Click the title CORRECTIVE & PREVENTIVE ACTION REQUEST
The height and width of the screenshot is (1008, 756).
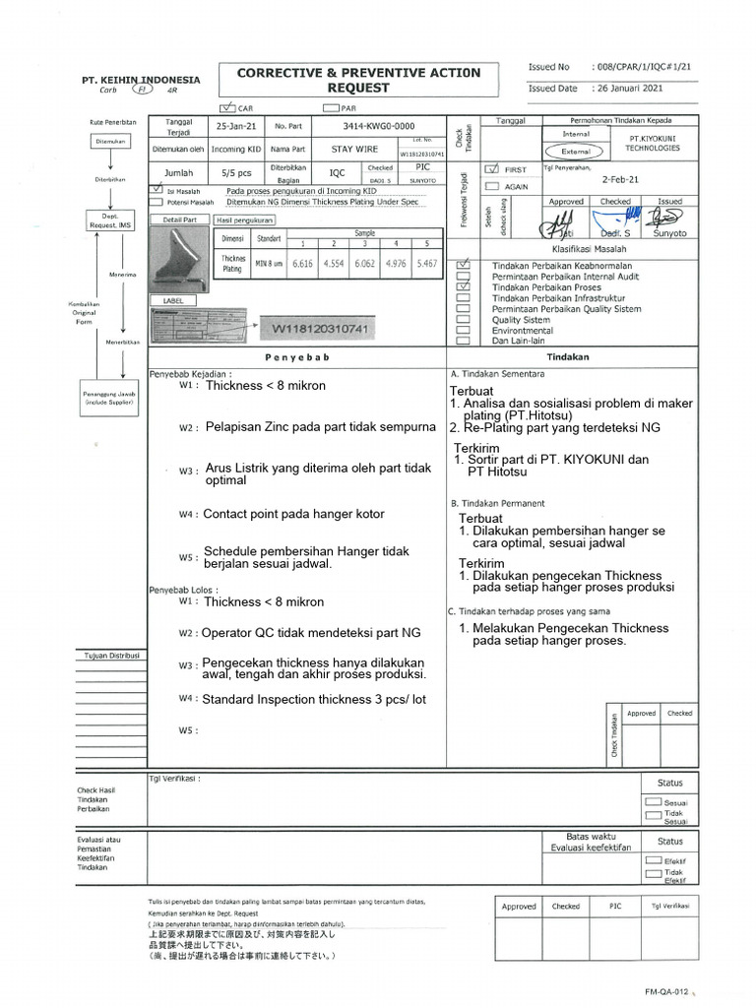359,80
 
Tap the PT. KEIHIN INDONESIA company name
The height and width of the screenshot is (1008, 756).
141,80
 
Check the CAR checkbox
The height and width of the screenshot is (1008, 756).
228,108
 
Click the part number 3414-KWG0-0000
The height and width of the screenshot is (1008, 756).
379,127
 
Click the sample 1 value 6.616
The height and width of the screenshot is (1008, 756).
303,264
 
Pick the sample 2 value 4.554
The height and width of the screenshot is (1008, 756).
335,264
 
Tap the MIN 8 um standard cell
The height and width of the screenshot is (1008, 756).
268,264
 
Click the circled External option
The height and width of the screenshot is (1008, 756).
576,153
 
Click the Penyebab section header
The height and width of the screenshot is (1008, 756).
296,357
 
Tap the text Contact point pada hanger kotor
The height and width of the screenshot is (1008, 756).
293,514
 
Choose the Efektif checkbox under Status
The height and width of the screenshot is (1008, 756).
653,860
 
